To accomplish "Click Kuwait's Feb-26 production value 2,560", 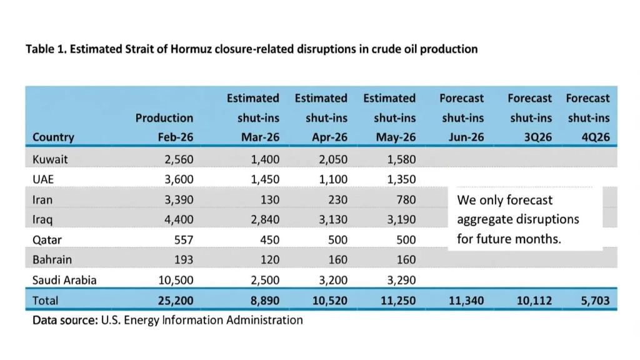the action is tap(179, 159).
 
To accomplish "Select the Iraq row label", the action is tap(42, 219).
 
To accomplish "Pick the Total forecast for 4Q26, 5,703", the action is tap(595, 301).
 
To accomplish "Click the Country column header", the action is tap(53, 137).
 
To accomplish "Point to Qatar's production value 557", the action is tap(184, 239).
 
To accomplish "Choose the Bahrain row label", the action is tap(52, 259).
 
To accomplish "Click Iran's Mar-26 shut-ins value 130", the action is tap(270, 199).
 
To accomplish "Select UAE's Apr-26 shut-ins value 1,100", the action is tap(333, 179).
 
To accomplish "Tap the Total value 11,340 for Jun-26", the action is tap(466, 301).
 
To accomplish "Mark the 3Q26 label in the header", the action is tap(538, 137).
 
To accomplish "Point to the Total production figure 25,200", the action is tap(176, 301).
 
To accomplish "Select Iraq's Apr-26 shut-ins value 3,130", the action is tap(333, 219).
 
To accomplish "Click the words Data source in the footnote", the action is tap(65, 320).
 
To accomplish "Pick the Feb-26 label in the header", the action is tap(176, 137).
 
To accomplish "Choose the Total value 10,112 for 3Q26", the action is tap(534, 301).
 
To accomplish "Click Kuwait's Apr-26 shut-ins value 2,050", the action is tap(333, 159).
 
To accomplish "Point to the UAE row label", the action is tap(43, 179).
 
